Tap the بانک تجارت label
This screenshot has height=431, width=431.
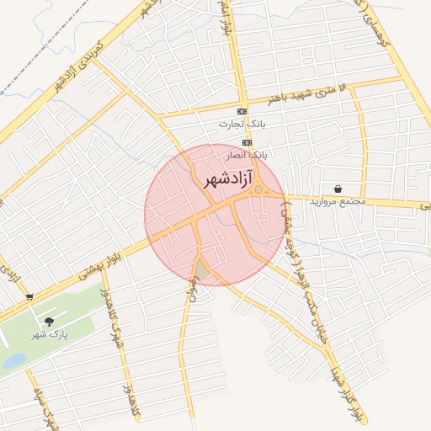pyautogui.click(x=236, y=124)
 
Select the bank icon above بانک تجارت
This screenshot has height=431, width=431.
pyautogui.click(x=242, y=111)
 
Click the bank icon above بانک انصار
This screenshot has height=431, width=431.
pyautogui.click(x=247, y=143)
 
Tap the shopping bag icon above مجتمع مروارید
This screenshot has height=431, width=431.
pyautogui.click(x=338, y=189)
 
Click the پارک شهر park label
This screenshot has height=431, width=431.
pyautogui.click(x=49, y=334)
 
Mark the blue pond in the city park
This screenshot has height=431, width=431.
pyautogui.click(x=14, y=361)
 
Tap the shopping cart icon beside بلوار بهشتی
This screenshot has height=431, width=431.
pyautogui.click(x=29, y=296)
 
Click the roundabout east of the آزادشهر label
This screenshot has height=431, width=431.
pyautogui.click(x=258, y=189)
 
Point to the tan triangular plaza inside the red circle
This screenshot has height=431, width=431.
pyautogui.click(x=203, y=271)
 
